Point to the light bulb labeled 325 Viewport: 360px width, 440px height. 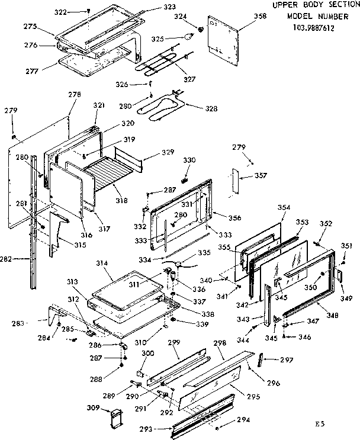pyautogui.click(x=187, y=37)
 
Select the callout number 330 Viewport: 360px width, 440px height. pyautogui.click(x=188, y=160)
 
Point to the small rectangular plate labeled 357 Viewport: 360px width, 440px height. pyautogui.click(x=234, y=181)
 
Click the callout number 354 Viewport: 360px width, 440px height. pyautogui.click(x=284, y=207)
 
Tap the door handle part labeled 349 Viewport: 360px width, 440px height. pyautogui.click(x=339, y=275)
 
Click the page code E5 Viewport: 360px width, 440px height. pyautogui.click(x=320, y=425)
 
